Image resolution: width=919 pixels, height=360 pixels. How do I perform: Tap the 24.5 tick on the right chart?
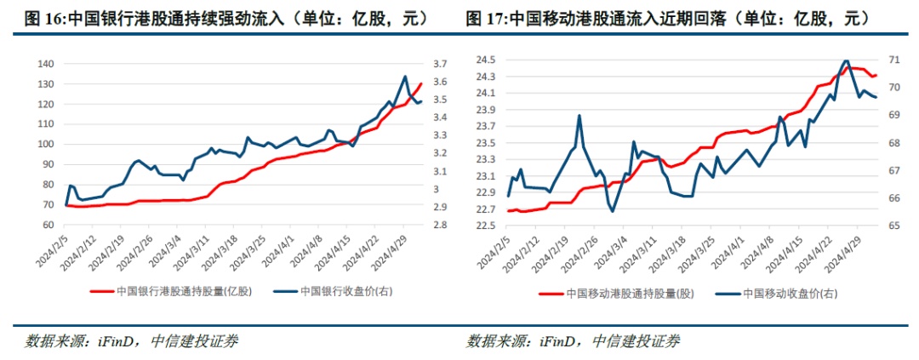(486, 60)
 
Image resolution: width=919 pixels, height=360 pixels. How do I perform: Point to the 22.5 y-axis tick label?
(486, 226)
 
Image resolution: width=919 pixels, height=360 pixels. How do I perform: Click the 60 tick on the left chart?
(48, 226)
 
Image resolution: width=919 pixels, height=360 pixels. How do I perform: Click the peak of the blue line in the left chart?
(405, 77)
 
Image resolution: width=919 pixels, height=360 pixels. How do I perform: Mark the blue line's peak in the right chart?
(846, 61)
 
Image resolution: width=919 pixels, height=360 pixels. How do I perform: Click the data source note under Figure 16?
(132, 341)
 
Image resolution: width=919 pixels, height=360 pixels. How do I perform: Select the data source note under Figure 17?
(574, 341)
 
